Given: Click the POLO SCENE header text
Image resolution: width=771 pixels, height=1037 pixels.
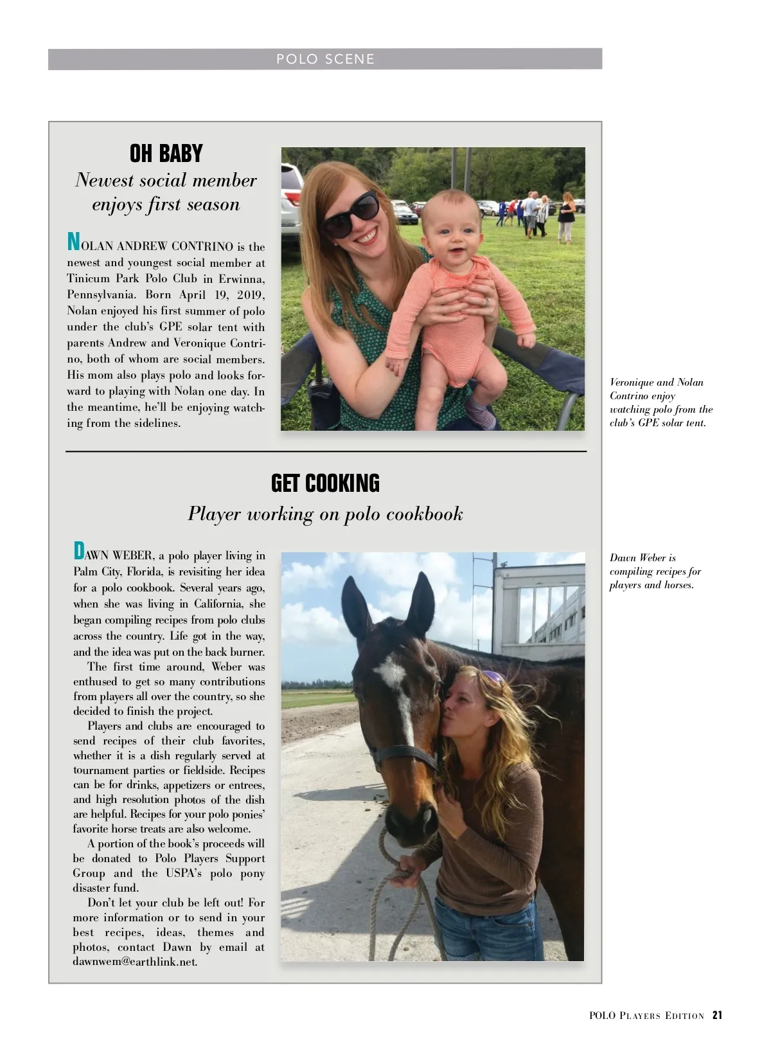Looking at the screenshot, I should click(325, 59).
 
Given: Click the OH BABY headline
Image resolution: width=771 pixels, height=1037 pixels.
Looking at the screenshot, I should click(166, 154).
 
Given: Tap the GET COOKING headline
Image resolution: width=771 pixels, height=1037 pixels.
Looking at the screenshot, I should click(325, 483).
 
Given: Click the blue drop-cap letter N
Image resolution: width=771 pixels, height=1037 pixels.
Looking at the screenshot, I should click(74, 242).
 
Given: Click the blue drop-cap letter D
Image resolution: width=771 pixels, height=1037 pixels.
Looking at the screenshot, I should click(79, 551).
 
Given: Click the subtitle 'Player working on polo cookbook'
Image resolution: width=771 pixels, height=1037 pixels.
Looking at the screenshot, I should click(325, 514).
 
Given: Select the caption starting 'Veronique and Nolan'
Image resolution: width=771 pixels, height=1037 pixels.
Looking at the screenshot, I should click(660, 402).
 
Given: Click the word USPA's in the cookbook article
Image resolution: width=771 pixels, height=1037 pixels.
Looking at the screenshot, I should click(171, 873).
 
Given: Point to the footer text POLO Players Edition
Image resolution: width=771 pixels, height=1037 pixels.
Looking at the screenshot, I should click(646, 1016).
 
